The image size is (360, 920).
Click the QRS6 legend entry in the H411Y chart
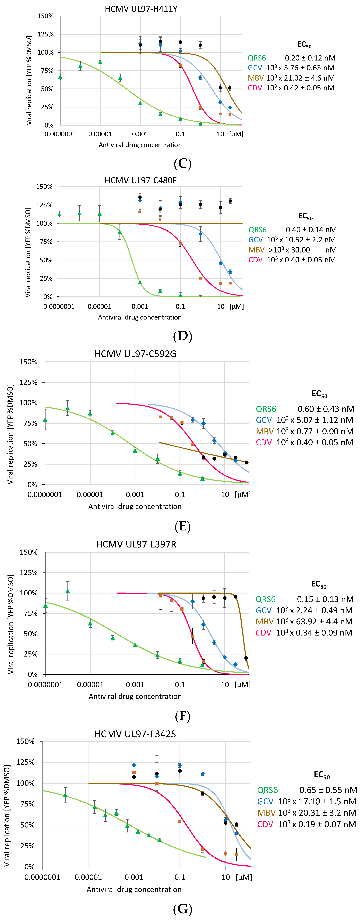(257, 58)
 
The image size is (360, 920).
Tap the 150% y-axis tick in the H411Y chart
(45, 16)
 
